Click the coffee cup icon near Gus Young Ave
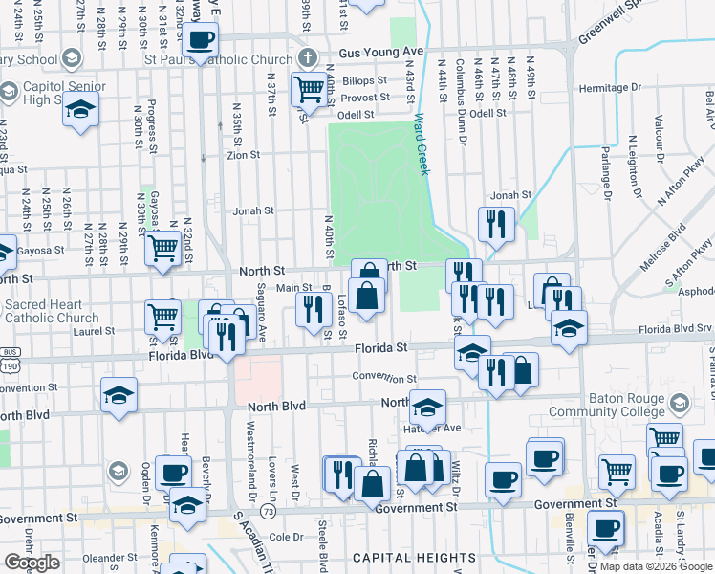point(200,40)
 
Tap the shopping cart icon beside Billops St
point(309,90)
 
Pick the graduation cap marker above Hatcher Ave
point(428,407)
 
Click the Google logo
point(32,563)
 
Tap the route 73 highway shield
point(270,513)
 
